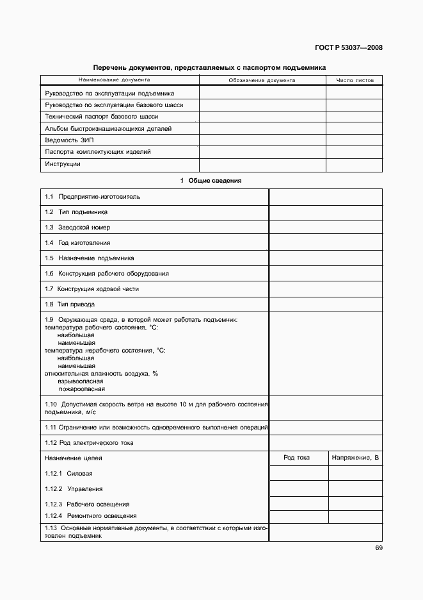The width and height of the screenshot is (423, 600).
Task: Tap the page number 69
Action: point(378,548)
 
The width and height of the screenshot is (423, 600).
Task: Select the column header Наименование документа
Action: point(115,80)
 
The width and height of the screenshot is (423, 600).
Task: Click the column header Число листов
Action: point(355,81)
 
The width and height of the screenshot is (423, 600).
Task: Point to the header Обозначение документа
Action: point(262,81)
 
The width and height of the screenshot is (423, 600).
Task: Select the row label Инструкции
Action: point(63,164)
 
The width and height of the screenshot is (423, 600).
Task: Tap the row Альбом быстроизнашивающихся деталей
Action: point(108,129)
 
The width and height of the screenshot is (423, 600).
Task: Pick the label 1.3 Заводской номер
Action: point(77,228)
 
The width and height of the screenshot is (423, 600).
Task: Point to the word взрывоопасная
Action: point(80,381)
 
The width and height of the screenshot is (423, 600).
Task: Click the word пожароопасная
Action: point(82,389)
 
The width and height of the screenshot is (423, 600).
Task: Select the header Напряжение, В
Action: point(355,458)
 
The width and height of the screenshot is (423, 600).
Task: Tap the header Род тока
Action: point(297,458)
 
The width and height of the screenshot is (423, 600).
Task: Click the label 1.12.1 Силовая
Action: point(68,474)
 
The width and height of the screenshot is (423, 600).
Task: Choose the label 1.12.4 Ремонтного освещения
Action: point(90,516)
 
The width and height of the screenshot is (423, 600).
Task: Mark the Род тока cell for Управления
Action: point(298,488)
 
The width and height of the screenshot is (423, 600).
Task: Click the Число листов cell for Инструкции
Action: point(355,164)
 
